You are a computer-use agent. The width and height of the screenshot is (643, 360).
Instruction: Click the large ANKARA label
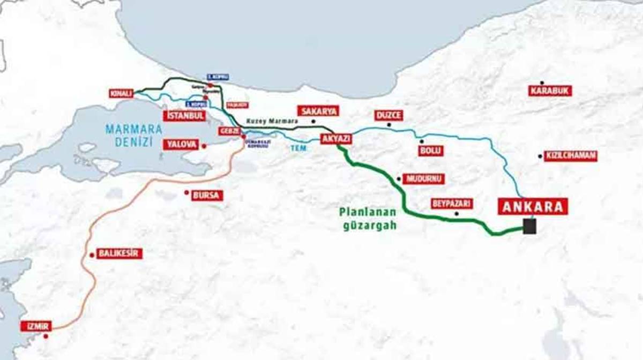point(533,206)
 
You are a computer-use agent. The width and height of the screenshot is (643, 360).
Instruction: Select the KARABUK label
point(550,91)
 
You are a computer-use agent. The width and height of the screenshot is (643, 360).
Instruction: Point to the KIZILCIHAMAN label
point(570,156)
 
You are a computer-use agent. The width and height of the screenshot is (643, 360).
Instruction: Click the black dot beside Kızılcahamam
point(540,156)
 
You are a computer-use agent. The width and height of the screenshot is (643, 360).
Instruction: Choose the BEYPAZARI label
point(452,204)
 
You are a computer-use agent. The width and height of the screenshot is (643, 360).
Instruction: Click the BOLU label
point(431,151)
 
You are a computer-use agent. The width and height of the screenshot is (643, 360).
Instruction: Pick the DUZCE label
point(388,115)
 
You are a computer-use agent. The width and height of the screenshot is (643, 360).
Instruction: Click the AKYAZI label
point(336,139)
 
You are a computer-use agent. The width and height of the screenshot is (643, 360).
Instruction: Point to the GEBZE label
point(228,131)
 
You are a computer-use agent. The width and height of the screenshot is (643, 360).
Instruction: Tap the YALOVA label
point(181,144)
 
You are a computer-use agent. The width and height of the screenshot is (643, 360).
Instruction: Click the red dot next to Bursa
point(186,192)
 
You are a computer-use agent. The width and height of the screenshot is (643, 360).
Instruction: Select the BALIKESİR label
point(119,253)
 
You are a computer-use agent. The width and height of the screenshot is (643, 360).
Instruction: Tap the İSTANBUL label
point(184,116)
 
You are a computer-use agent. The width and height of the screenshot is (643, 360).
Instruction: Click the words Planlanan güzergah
point(369,218)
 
